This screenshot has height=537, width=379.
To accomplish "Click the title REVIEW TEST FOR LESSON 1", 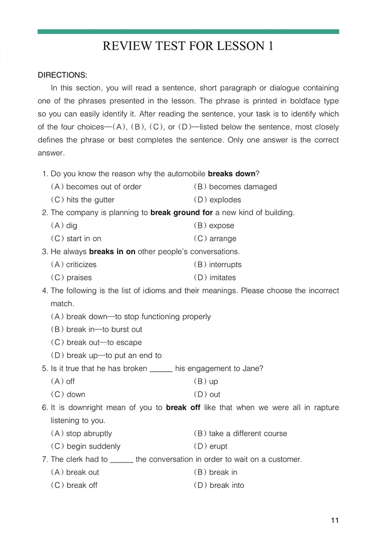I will (188, 46).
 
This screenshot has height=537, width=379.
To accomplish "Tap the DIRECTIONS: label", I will (63, 75).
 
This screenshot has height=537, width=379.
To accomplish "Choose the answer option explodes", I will (225, 200).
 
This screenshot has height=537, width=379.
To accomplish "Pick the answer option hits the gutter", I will (90, 200).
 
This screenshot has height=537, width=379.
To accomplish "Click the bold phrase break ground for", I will (181, 213).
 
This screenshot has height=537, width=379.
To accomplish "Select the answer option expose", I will (221, 226).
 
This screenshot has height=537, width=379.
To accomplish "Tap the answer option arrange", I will (222, 239).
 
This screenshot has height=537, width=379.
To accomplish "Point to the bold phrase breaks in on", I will (112, 252).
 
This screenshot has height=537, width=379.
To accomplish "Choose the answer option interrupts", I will (225, 265).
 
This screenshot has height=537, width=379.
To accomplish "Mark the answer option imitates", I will (222, 278).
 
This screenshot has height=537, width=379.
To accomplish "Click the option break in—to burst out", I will (104, 329).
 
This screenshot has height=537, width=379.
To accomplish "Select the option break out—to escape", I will (104, 343).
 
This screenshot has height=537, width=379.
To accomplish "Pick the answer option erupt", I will (218, 447).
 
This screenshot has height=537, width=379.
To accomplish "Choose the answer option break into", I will (226, 485).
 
